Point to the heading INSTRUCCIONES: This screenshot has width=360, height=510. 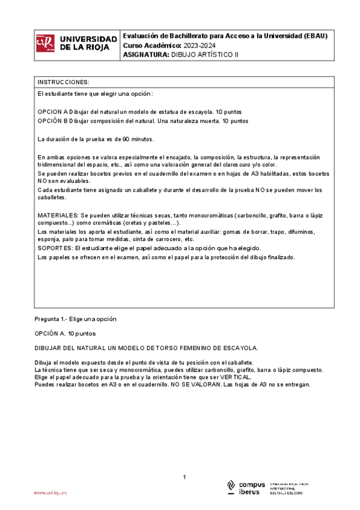tap(64, 82)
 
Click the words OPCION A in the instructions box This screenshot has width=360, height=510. tap(53, 112)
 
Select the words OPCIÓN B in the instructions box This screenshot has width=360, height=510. tap(53, 121)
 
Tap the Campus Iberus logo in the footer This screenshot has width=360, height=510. tap(246, 488)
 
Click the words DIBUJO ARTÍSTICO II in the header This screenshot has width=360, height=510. tap(206, 54)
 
